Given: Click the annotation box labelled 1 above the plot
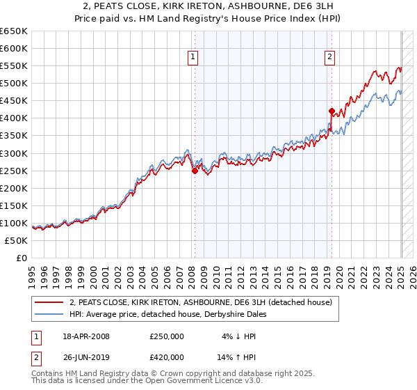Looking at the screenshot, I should click(193, 58).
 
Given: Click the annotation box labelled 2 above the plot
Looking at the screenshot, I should click(329, 58).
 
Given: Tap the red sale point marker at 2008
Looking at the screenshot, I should click(195, 171).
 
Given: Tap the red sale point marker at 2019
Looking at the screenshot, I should click(332, 111).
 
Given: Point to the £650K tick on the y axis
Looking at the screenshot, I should click(14, 31).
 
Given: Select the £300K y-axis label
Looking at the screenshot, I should click(14, 153).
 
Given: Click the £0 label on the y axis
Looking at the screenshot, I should click(22, 258).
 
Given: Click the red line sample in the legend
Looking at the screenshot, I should click(49, 302).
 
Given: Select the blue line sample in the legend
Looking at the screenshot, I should click(49, 314).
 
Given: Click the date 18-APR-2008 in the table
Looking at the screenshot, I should click(85, 336).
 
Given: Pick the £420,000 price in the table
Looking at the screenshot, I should click(167, 359).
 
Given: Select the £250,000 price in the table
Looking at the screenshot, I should click(167, 336).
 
